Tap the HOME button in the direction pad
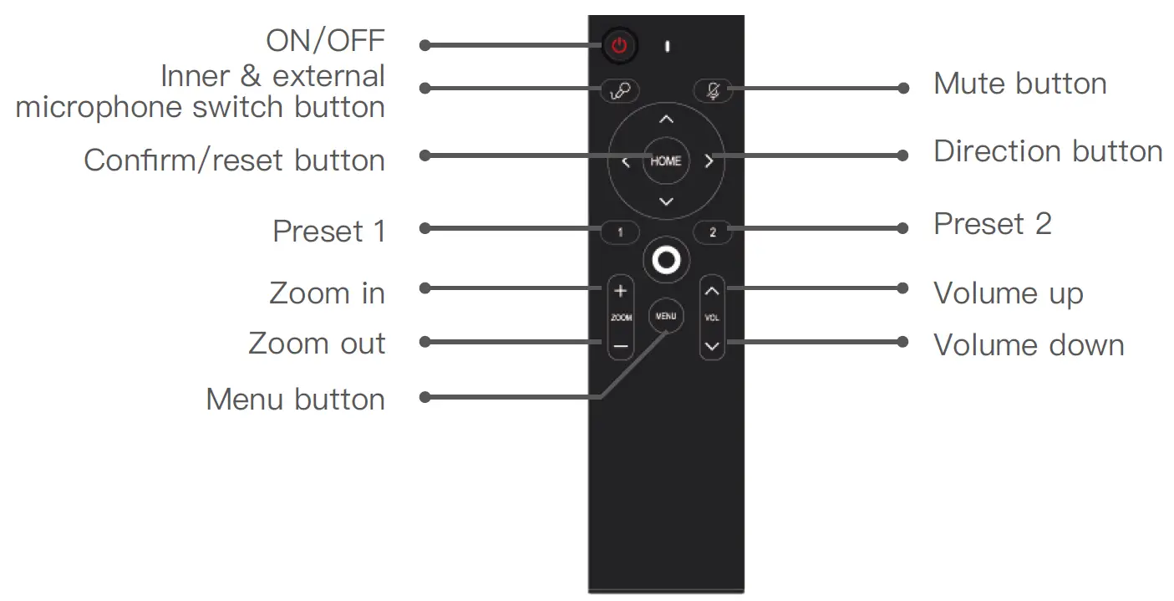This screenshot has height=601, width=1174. point(665,161)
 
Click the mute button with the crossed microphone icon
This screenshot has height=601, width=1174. point(713,90)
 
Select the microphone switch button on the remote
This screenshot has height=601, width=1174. point(619,90)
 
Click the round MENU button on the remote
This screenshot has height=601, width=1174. point(666,316)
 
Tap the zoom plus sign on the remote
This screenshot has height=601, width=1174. point(620,291)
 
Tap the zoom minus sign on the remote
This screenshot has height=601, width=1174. point(620,344)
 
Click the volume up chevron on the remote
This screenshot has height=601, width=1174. point(712,291)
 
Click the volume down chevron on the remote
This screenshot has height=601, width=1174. point(712,344)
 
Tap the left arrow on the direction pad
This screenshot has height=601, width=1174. point(625,162)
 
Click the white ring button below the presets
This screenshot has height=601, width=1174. point(666,262)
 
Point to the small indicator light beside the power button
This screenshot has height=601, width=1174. point(667,46)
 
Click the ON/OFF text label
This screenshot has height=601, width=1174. point(325,40)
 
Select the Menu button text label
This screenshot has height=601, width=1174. point(295,400)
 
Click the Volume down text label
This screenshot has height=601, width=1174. point(1028,345)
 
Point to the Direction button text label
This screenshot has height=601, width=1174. point(1048,151)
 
